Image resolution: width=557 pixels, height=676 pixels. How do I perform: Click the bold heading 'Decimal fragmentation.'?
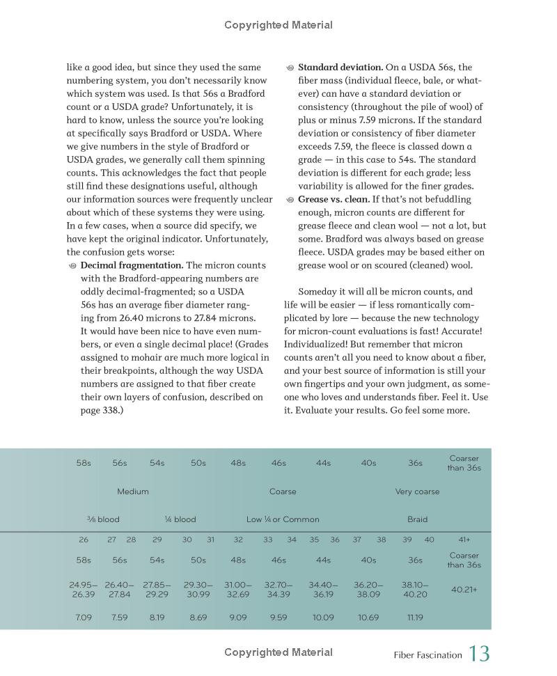132,265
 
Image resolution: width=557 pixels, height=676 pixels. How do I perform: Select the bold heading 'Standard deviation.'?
340,68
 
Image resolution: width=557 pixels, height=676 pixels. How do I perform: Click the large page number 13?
479,654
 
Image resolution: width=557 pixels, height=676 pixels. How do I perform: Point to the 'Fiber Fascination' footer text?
427,655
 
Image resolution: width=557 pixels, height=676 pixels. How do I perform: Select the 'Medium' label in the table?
133,492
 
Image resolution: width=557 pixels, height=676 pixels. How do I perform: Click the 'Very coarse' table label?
417,492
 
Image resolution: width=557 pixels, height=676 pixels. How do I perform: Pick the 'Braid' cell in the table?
417,519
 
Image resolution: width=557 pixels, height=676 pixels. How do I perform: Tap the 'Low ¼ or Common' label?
283,519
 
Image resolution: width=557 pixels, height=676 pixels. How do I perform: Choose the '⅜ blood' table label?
103,519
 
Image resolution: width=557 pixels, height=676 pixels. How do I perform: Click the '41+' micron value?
464,540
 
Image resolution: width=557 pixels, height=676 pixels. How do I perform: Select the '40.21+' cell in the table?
464,590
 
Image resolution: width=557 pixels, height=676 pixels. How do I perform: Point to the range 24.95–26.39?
84,590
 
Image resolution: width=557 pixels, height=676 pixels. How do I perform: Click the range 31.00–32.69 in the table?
238,590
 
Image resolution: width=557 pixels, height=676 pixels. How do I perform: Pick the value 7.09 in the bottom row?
84,618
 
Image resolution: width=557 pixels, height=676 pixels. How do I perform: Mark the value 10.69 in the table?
368,618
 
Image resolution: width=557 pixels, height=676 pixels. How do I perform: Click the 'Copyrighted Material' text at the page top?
278,25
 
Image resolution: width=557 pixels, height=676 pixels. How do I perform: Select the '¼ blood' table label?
180,519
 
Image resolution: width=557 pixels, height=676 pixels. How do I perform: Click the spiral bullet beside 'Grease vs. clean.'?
290,200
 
